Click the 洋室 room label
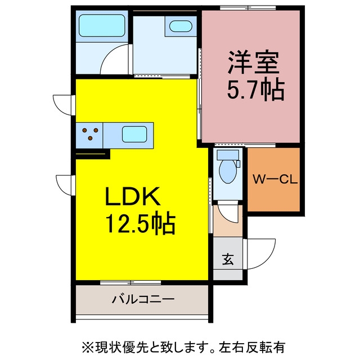click(x=253, y=62)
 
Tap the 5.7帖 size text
click(x=256, y=89)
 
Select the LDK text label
click(x=133, y=196)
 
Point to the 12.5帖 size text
click(x=140, y=223)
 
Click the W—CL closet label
click(x=275, y=179)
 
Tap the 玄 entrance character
click(x=228, y=259)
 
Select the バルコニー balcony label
click(x=143, y=299)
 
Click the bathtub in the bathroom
click(x=102, y=25)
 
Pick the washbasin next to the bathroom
click(x=181, y=26)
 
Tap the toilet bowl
click(x=227, y=171)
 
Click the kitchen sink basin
click(x=134, y=134)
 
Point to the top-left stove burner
click(x=84, y=130)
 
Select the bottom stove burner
click(x=90, y=138)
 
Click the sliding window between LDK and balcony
click(x=130, y=283)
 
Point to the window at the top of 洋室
click(x=248, y=8)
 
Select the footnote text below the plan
click(x=183, y=346)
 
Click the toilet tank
click(x=228, y=155)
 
